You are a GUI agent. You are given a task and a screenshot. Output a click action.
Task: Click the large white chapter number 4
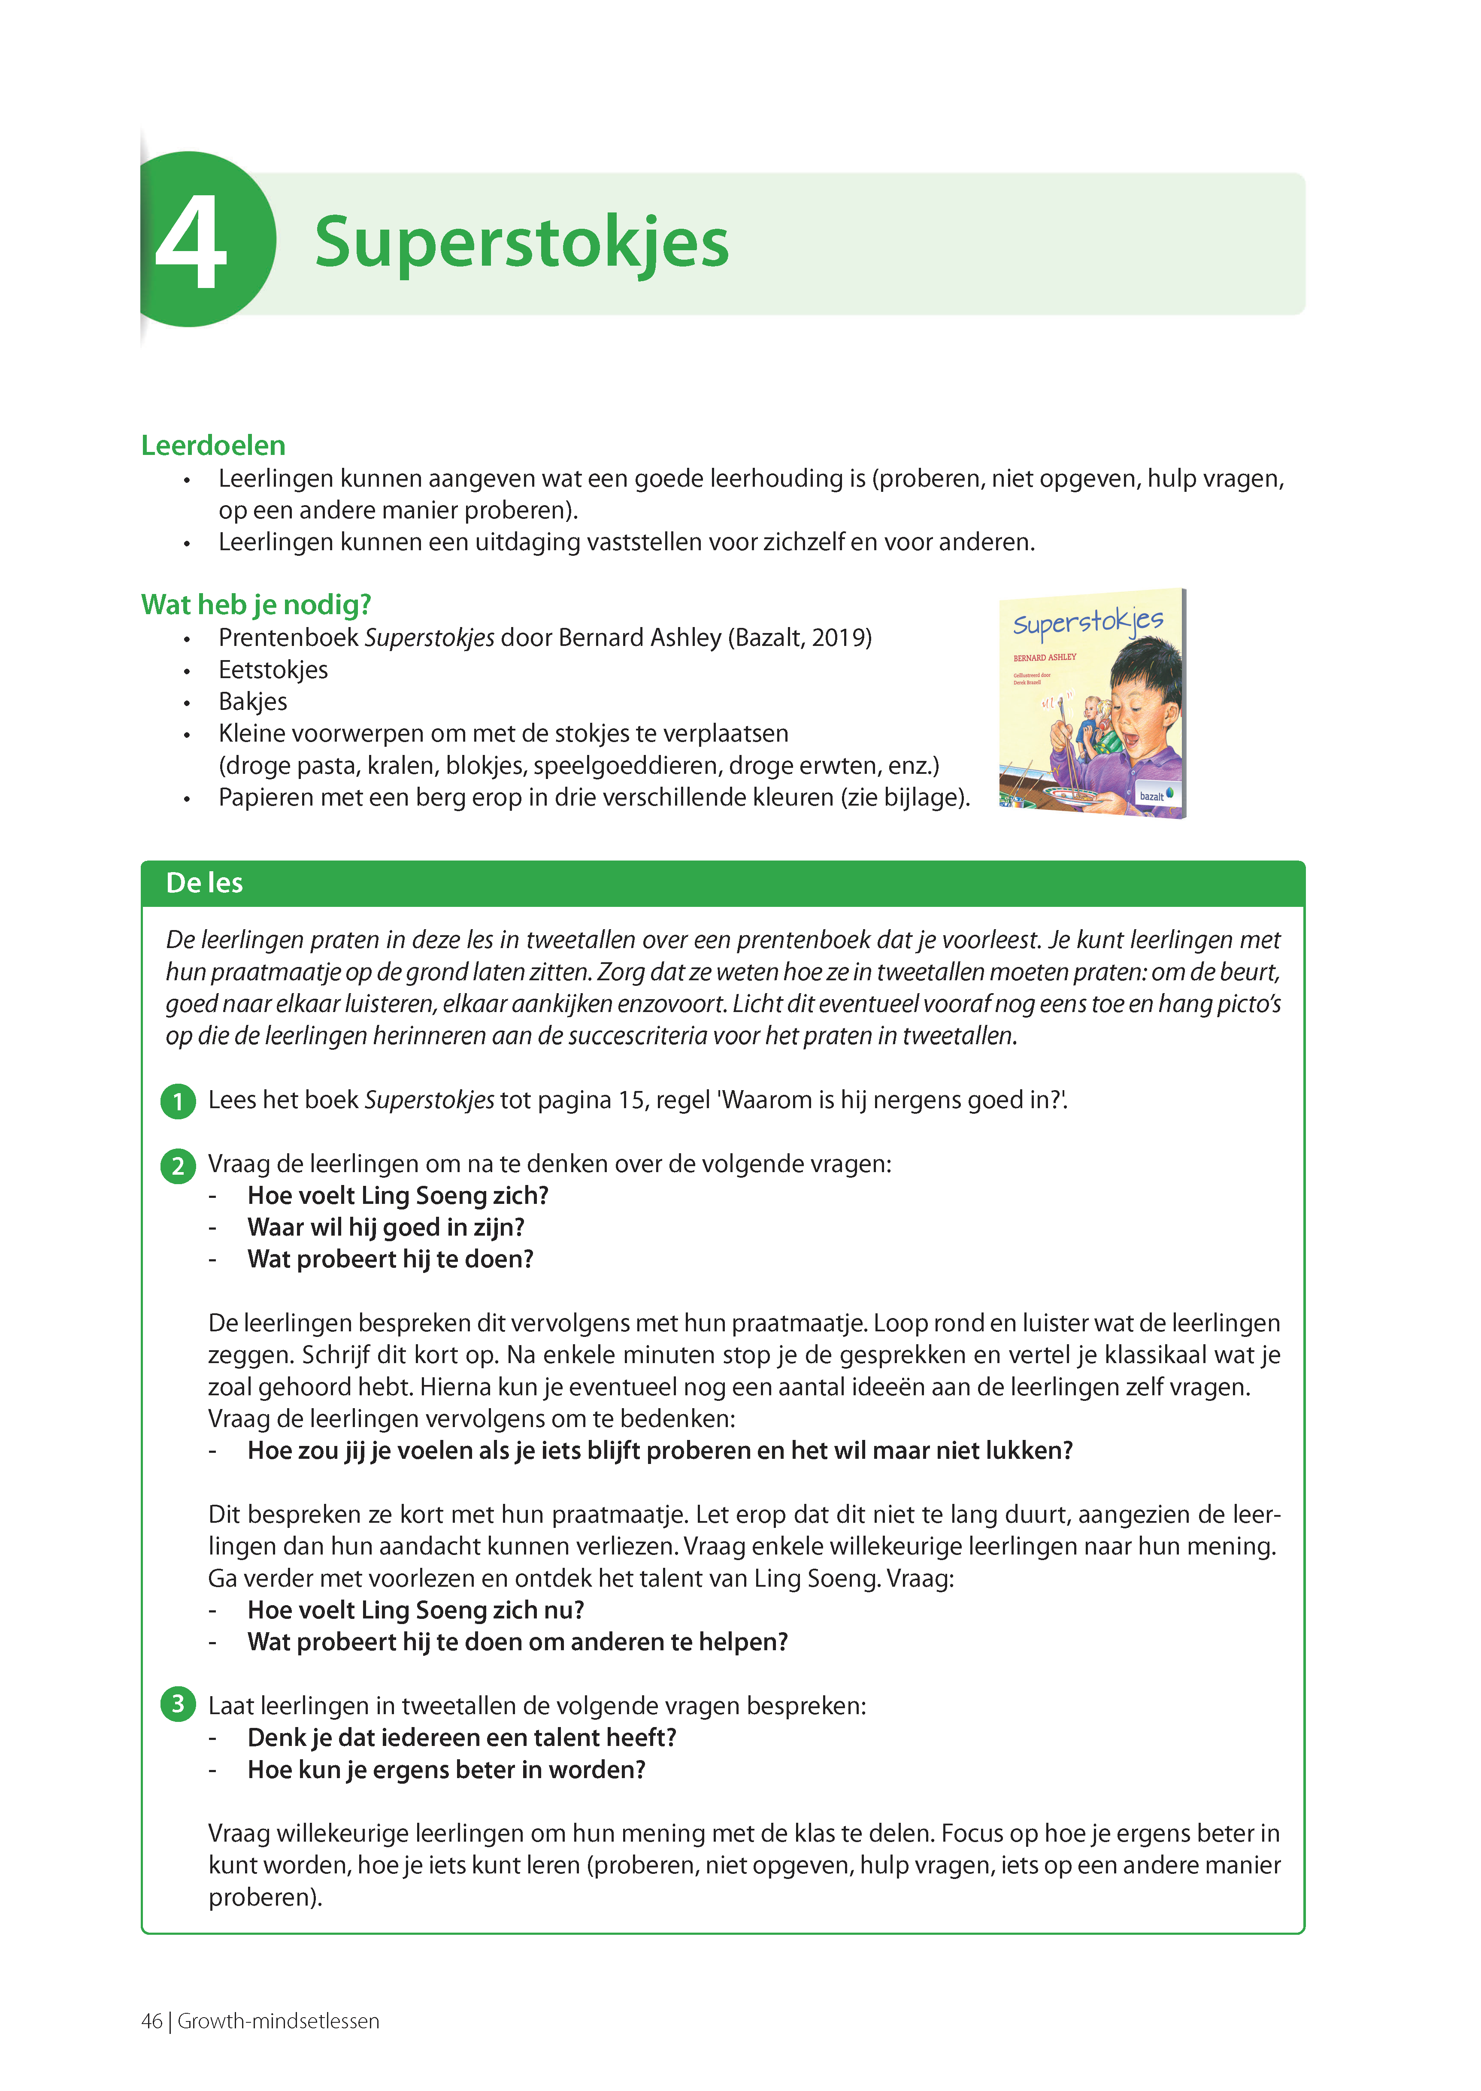point(191,242)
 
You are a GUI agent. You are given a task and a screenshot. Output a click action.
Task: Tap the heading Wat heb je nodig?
point(256,605)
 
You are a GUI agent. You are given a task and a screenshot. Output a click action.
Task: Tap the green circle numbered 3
point(178,1703)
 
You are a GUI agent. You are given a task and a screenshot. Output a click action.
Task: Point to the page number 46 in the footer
point(151,2021)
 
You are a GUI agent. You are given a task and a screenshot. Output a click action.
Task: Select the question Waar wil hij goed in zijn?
point(386,1227)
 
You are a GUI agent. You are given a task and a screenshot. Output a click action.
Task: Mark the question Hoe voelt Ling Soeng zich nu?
point(416,1610)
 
